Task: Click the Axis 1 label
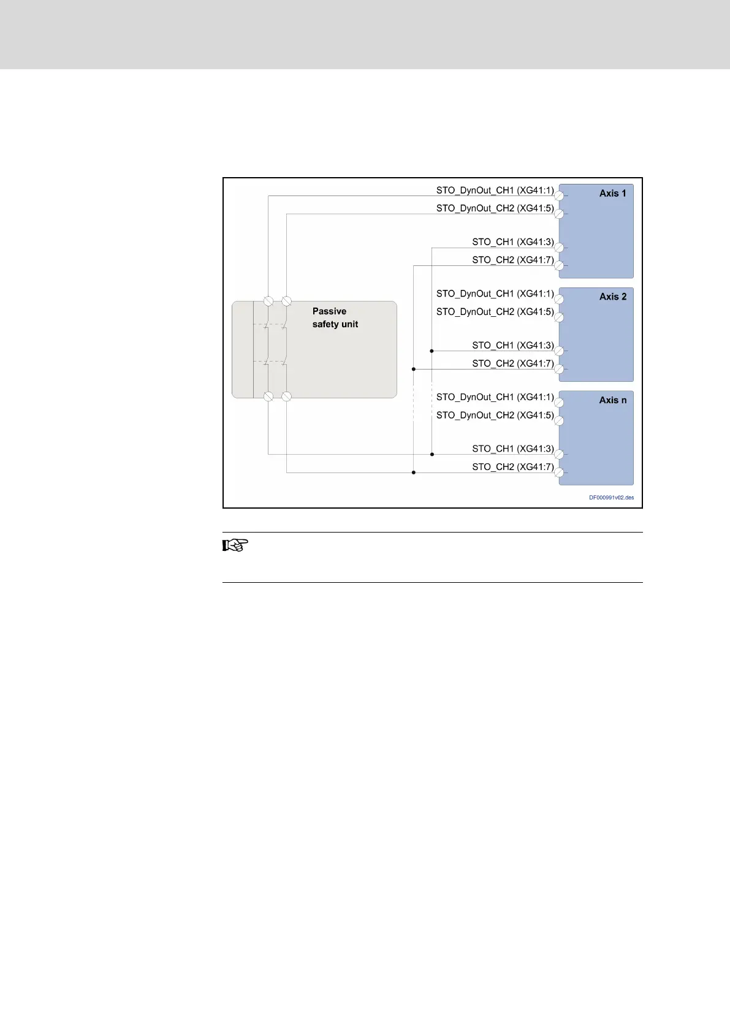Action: (612, 193)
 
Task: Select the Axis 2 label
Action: (613, 297)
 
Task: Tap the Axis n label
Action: (613, 400)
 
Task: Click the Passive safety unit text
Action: (335, 317)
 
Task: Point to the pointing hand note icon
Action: (235, 545)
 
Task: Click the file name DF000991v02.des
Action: (611, 498)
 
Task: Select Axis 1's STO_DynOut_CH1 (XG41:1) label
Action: (495, 191)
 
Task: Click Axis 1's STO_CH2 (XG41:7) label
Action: (512, 260)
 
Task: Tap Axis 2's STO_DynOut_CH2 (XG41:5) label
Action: (495, 312)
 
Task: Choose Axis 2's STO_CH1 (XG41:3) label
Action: (512, 346)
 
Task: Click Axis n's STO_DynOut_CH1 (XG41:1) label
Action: (495, 397)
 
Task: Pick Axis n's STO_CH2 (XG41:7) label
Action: (512, 467)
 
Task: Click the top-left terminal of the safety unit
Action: (268, 301)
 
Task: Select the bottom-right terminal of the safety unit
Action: (286, 396)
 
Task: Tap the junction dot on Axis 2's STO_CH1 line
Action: (432, 351)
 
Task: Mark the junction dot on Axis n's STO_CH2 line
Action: (414, 472)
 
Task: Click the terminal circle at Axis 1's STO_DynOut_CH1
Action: (559, 196)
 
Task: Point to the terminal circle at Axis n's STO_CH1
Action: (559, 455)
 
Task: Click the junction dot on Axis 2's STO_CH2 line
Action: (414, 369)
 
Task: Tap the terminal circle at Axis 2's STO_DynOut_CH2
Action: (559, 317)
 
